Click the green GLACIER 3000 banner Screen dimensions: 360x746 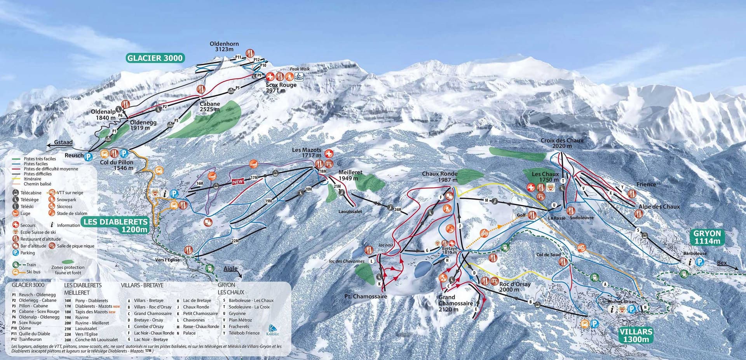[155, 58]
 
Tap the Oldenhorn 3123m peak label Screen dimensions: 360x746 [224, 47]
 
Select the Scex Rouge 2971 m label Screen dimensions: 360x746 [281, 87]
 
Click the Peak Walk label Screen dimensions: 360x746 [300, 69]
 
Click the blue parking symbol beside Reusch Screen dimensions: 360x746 [89, 157]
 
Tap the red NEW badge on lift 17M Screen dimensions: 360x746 [238, 182]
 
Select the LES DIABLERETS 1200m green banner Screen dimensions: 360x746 [115, 225]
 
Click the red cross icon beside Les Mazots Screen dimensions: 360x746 [329, 154]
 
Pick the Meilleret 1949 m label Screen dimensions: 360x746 [350, 175]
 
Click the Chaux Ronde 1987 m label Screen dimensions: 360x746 [439, 177]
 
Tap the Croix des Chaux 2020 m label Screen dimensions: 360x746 [562, 143]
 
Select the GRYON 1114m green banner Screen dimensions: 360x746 [707, 237]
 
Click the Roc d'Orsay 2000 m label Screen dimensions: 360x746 [514, 287]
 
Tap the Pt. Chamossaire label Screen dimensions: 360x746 [366, 297]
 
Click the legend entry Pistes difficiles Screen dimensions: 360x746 [37, 174]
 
